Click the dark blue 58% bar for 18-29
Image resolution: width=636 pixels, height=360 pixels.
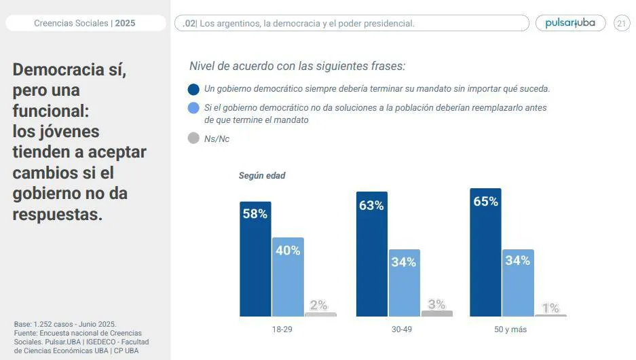(x=255, y=259)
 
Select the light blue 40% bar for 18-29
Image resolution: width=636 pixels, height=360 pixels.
(x=288, y=276)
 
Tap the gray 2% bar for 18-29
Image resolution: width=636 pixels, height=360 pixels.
(x=320, y=314)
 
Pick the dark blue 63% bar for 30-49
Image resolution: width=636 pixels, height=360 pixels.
(x=372, y=254)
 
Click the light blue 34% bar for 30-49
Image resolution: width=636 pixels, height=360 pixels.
(x=404, y=283)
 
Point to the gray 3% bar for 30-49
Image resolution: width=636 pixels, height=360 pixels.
(x=436, y=313)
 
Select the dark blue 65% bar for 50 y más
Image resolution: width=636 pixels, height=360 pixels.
(x=485, y=252)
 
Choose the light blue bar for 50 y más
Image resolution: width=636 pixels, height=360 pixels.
(x=518, y=283)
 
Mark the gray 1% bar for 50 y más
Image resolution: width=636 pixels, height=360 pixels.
(x=550, y=315)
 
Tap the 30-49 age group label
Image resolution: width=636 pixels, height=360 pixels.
(x=401, y=329)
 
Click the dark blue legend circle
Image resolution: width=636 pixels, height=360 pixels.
(x=193, y=89)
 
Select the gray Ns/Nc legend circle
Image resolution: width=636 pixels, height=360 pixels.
(x=193, y=139)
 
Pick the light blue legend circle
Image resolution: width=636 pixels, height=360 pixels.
(x=193, y=108)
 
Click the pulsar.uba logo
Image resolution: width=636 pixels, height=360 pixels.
(x=570, y=23)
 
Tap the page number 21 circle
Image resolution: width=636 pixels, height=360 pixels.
(x=622, y=23)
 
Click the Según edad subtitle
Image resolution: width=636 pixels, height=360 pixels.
(x=262, y=176)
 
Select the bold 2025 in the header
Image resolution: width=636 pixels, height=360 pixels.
(x=125, y=23)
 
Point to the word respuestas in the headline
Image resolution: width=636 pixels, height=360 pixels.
(x=58, y=215)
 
